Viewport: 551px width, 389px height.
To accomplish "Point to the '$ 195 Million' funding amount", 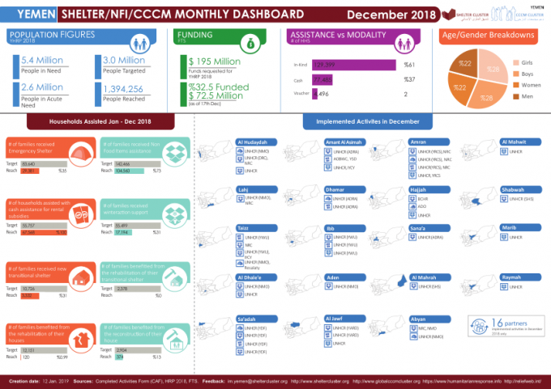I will click(214, 61).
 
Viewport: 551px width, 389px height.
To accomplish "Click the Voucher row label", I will click(301, 95).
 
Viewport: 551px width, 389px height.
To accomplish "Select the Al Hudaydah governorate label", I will click(252, 142).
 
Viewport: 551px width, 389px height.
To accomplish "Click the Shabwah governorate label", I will click(513, 191).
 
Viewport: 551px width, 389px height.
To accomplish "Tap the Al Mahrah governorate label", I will click(426, 277).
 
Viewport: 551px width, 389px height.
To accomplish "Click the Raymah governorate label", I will click(511, 277).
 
